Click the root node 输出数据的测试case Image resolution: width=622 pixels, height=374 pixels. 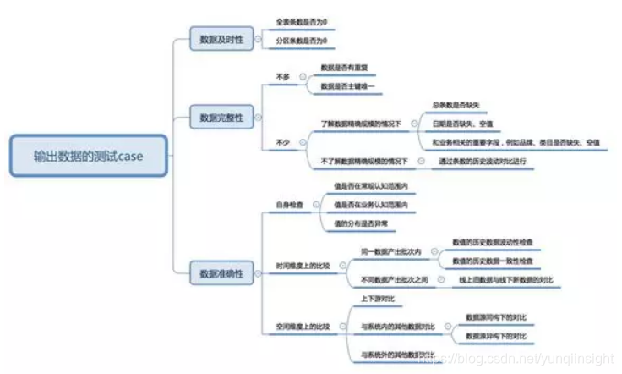[88, 156]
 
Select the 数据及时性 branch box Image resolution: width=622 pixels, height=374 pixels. [221, 39]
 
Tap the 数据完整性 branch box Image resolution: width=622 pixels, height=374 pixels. [221, 118]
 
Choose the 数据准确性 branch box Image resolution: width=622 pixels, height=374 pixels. [221, 272]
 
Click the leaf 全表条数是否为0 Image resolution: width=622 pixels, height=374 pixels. [301, 20]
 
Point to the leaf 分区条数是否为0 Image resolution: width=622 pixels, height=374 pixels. [301, 40]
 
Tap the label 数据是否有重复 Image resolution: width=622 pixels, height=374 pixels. [344, 67]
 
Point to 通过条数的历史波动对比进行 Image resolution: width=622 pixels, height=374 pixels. [483, 160]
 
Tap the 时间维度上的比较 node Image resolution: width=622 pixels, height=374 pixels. [303, 265]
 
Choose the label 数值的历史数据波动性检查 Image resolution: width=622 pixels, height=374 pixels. [492, 241]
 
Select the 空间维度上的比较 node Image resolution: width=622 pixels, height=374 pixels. [303, 326]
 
